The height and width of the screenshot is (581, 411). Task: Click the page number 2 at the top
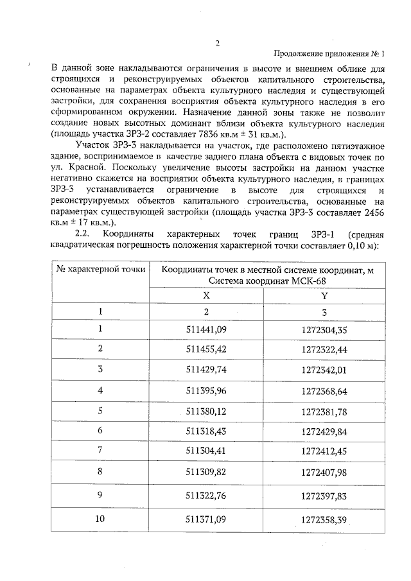(x=217, y=44)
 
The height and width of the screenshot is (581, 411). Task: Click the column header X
(x=206, y=296)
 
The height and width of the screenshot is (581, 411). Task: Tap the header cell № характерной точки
(x=101, y=270)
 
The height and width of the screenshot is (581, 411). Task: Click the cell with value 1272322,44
(x=324, y=349)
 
